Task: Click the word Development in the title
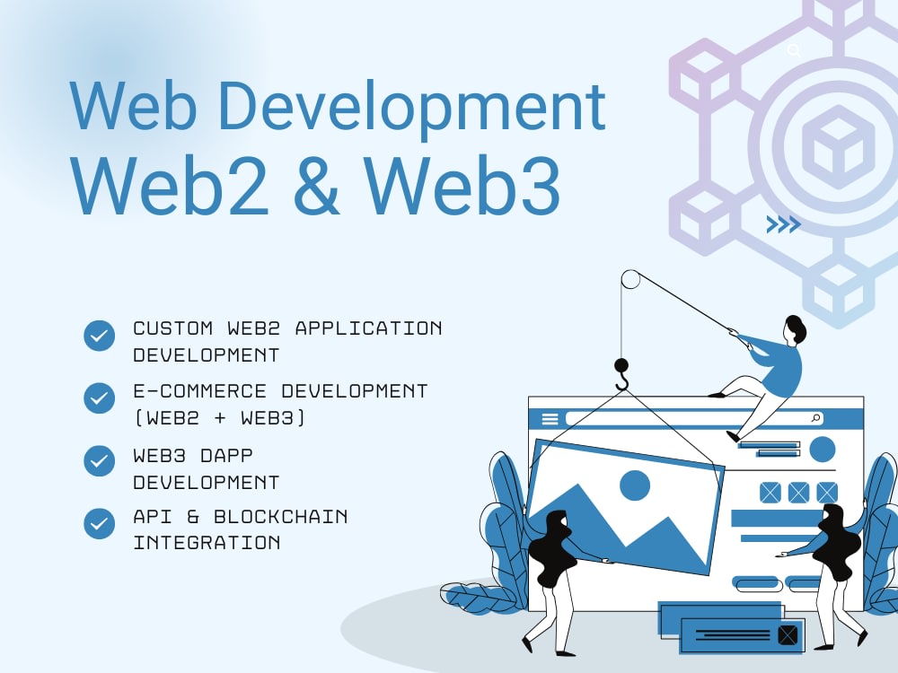[411, 108]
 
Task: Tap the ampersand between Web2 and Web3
[316, 186]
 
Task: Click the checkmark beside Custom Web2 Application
[99, 336]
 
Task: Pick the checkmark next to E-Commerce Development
[99, 398]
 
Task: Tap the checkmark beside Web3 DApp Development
[99, 460]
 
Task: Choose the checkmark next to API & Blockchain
[99, 523]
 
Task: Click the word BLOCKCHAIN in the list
[280, 517]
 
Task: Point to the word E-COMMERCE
[200, 391]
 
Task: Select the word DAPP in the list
[227, 456]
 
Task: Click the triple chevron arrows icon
[783, 224]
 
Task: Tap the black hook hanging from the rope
[621, 374]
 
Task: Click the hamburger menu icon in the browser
[550, 419]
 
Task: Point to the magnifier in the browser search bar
[816, 418]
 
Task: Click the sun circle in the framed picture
[635, 485]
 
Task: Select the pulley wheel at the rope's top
[630, 280]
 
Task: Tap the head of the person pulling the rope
[796, 329]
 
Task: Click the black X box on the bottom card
[788, 634]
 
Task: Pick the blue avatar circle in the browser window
[823, 449]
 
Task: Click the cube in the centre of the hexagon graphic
[839, 147]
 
